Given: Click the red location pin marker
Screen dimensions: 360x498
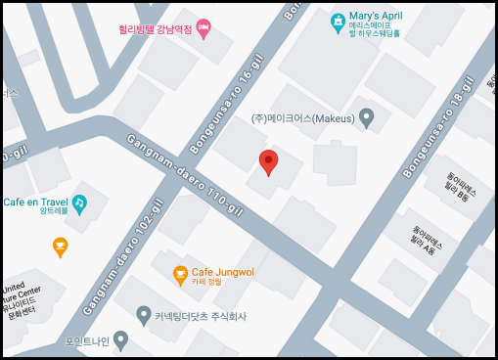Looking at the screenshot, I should [x=268, y=162].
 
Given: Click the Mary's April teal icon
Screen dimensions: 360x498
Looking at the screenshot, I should [x=338, y=20].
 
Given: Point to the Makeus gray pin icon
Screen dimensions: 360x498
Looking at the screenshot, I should [x=367, y=118].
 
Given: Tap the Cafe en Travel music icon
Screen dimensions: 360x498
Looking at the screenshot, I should [x=79, y=202].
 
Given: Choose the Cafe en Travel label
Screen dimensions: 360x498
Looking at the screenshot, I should [x=33, y=202].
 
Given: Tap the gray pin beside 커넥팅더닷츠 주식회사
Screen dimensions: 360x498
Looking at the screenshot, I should [x=144, y=315].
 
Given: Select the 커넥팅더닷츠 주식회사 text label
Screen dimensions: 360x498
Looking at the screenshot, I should [x=202, y=316].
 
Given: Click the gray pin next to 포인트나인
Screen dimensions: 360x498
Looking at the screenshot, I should [x=120, y=340].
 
